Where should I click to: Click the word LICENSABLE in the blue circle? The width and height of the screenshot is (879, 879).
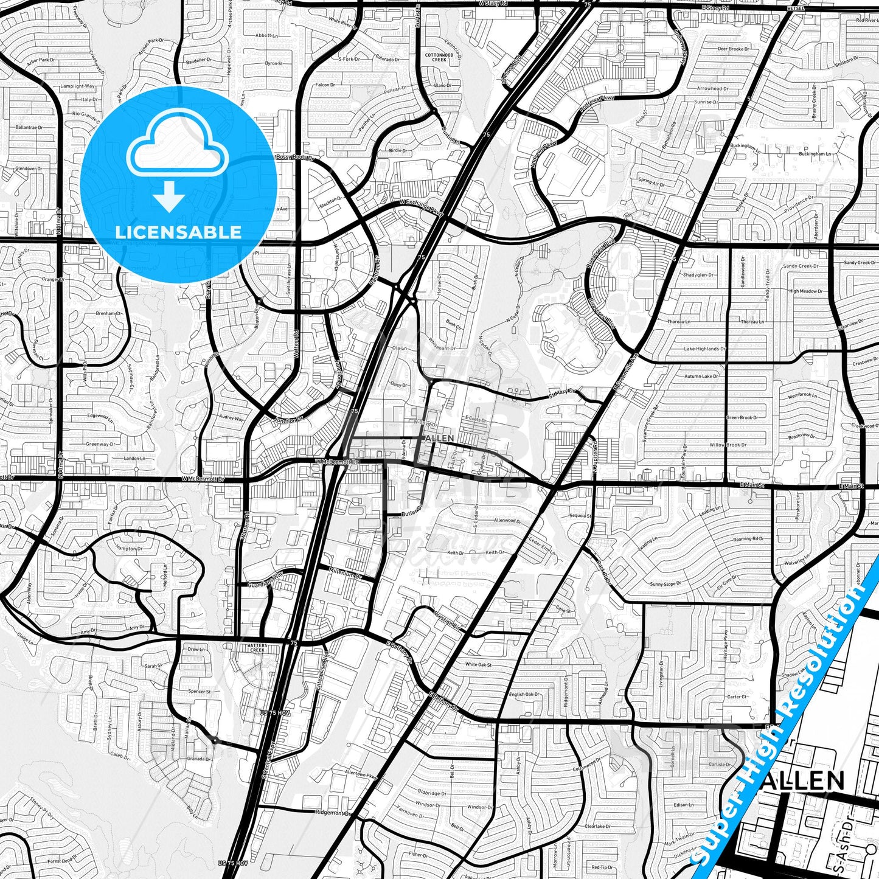click(178, 232)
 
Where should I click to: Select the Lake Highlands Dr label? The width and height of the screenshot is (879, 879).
click(704, 349)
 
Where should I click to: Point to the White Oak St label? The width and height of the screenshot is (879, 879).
click(478, 665)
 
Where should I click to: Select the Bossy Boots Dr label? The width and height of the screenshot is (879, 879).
click(294, 158)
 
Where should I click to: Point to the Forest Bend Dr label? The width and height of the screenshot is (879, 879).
click(61, 861)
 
